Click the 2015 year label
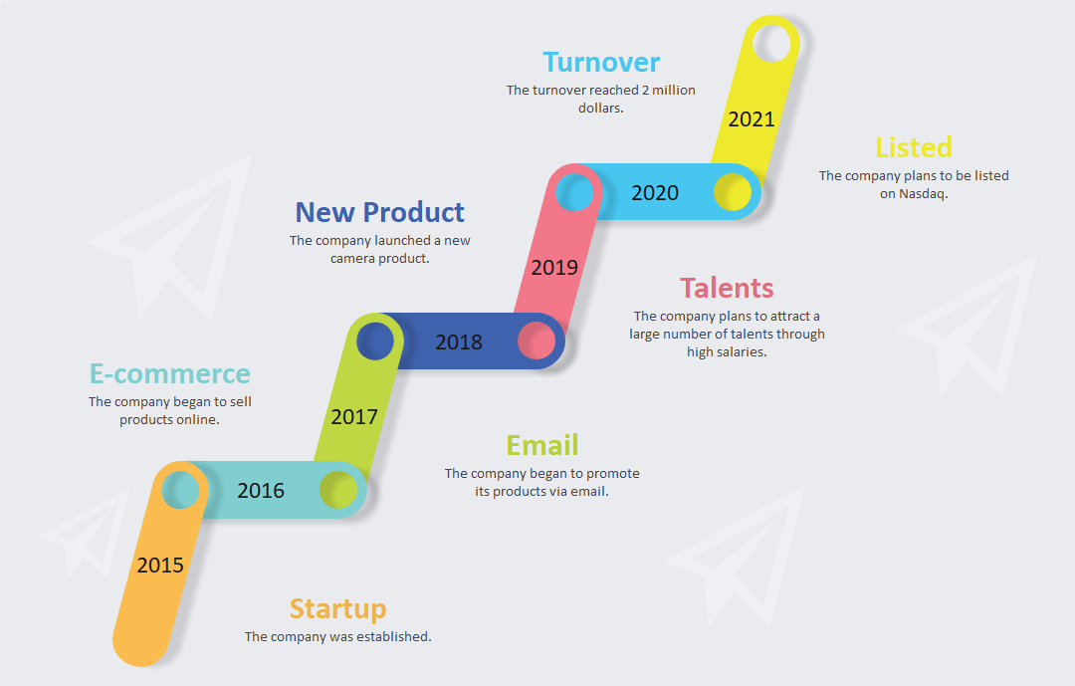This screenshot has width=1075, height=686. pos(160,566)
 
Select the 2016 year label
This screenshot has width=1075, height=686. pos(261,491)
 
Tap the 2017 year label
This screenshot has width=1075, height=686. pos(354,416)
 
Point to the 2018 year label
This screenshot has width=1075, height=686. pos(459,342)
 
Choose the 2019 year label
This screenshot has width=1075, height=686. pos(554,268)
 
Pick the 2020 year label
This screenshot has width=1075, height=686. pos(655,193)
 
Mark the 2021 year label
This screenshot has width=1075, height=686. pos(752,119)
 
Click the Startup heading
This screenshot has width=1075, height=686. pos(338,609)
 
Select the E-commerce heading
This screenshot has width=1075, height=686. pos(170,374)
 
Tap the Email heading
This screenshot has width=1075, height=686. pos(542,445)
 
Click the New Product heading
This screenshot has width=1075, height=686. pos(380,212)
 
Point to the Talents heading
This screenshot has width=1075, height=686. pos(727,288)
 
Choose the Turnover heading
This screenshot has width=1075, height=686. pos(601,63)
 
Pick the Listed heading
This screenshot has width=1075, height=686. pos(914,147)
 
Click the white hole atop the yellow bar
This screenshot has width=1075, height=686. pos(772,43)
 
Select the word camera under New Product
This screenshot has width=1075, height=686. pos(351,259)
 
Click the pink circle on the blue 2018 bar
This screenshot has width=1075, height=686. pos(537,341)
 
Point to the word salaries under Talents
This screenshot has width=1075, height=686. pos(746,351)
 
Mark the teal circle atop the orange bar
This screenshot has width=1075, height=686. pos(181,490)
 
